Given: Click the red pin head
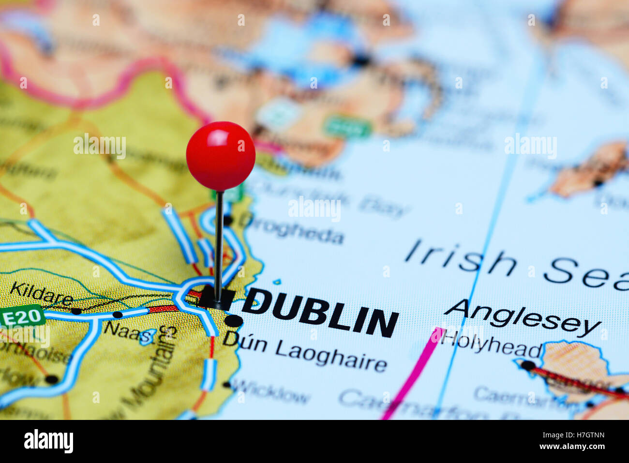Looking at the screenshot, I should click(221, 156).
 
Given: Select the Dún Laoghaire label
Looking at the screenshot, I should click(305, 354).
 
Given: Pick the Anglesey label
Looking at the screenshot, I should click(523, 317).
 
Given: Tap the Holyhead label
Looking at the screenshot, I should click(491, 344).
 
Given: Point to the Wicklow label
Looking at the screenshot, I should click(271, 391).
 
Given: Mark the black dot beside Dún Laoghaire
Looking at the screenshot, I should click(234, 321).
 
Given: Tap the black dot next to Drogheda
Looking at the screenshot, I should click(228, 221).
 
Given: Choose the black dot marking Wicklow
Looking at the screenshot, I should click(226, 385).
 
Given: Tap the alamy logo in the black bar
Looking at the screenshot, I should click(48, 441).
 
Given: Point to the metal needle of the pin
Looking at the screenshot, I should click(219, 242).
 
